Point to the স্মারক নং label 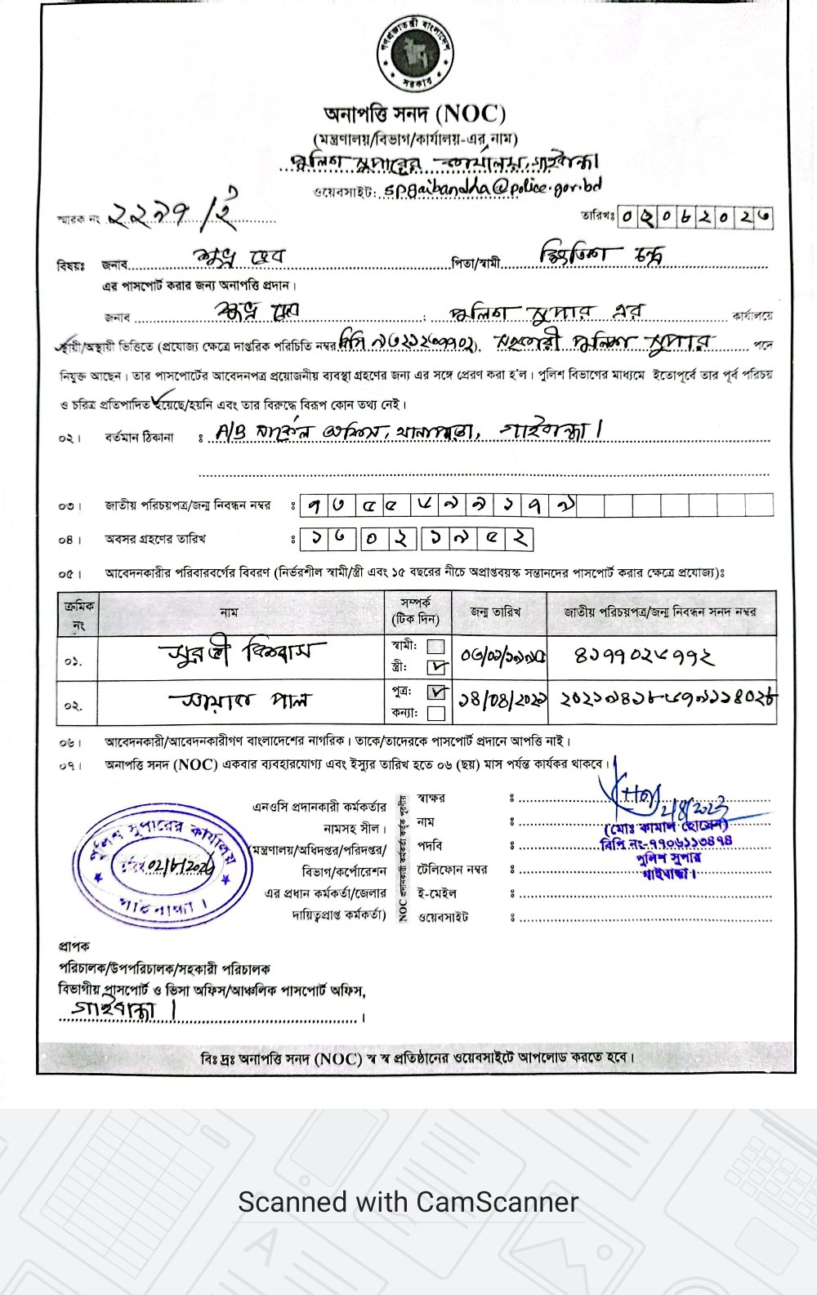(78, 219)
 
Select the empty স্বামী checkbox (437, 647)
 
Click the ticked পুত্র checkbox (438, 692)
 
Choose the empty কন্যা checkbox (437, 713)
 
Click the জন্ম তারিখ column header (495, 612)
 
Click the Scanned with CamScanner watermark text (408, 1202)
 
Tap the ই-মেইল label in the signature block (436, 893)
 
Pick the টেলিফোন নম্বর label (452, 870)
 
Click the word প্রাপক (74, 946)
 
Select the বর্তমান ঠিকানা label (139, 438)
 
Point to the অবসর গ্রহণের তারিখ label (155, 539)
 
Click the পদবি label (430, 846)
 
